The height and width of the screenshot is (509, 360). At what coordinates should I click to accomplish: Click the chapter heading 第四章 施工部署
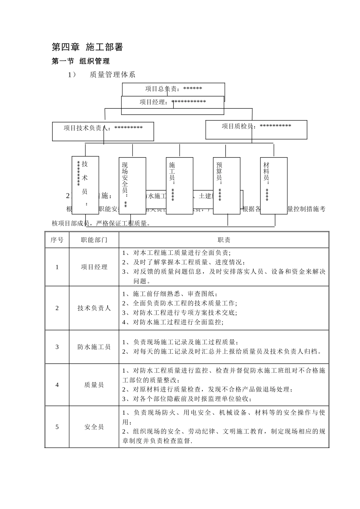click(x=87, y=47)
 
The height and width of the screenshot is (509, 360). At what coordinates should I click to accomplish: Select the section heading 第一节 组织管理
click(x=81, y=61)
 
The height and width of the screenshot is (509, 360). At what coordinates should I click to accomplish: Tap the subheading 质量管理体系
click(x=112, y=75)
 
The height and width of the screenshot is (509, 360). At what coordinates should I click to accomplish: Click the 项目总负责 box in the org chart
click(x=174, y=89)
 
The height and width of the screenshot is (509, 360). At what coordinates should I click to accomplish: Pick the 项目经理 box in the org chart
click(x=172, y=102)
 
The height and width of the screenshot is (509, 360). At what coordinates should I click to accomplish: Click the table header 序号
click(x=57, y=240)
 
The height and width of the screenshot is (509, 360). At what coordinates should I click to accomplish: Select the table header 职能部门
click(x=94, y=240)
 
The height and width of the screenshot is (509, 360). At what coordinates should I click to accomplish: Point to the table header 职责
click(x=224, y=240)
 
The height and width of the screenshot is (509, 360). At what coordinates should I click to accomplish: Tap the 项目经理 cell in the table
click(x=94, y=267)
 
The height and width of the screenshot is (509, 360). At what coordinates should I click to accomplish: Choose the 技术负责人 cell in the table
click(x=94, y=308)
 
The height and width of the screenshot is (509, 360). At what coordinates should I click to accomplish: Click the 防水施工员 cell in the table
click(x=94, y=347)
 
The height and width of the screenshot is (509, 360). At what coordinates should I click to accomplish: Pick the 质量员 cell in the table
click(x=94, y=385)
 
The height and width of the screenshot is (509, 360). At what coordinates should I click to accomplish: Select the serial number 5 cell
click(x=57, y=427)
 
